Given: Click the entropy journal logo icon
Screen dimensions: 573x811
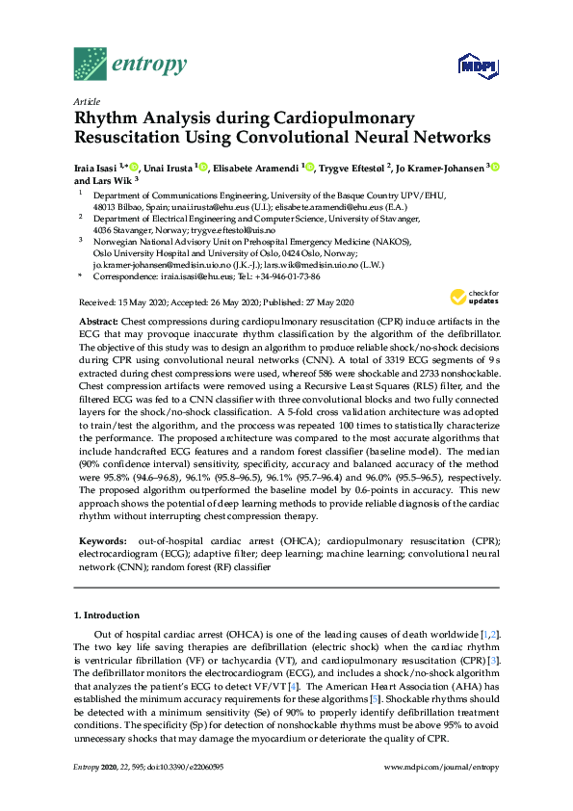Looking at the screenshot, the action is click(x=91, y=65).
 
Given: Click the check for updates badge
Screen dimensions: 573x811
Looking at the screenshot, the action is click(x=470, y=298).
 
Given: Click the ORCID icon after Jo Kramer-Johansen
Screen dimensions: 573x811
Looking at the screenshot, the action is click(x=495, y=168).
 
